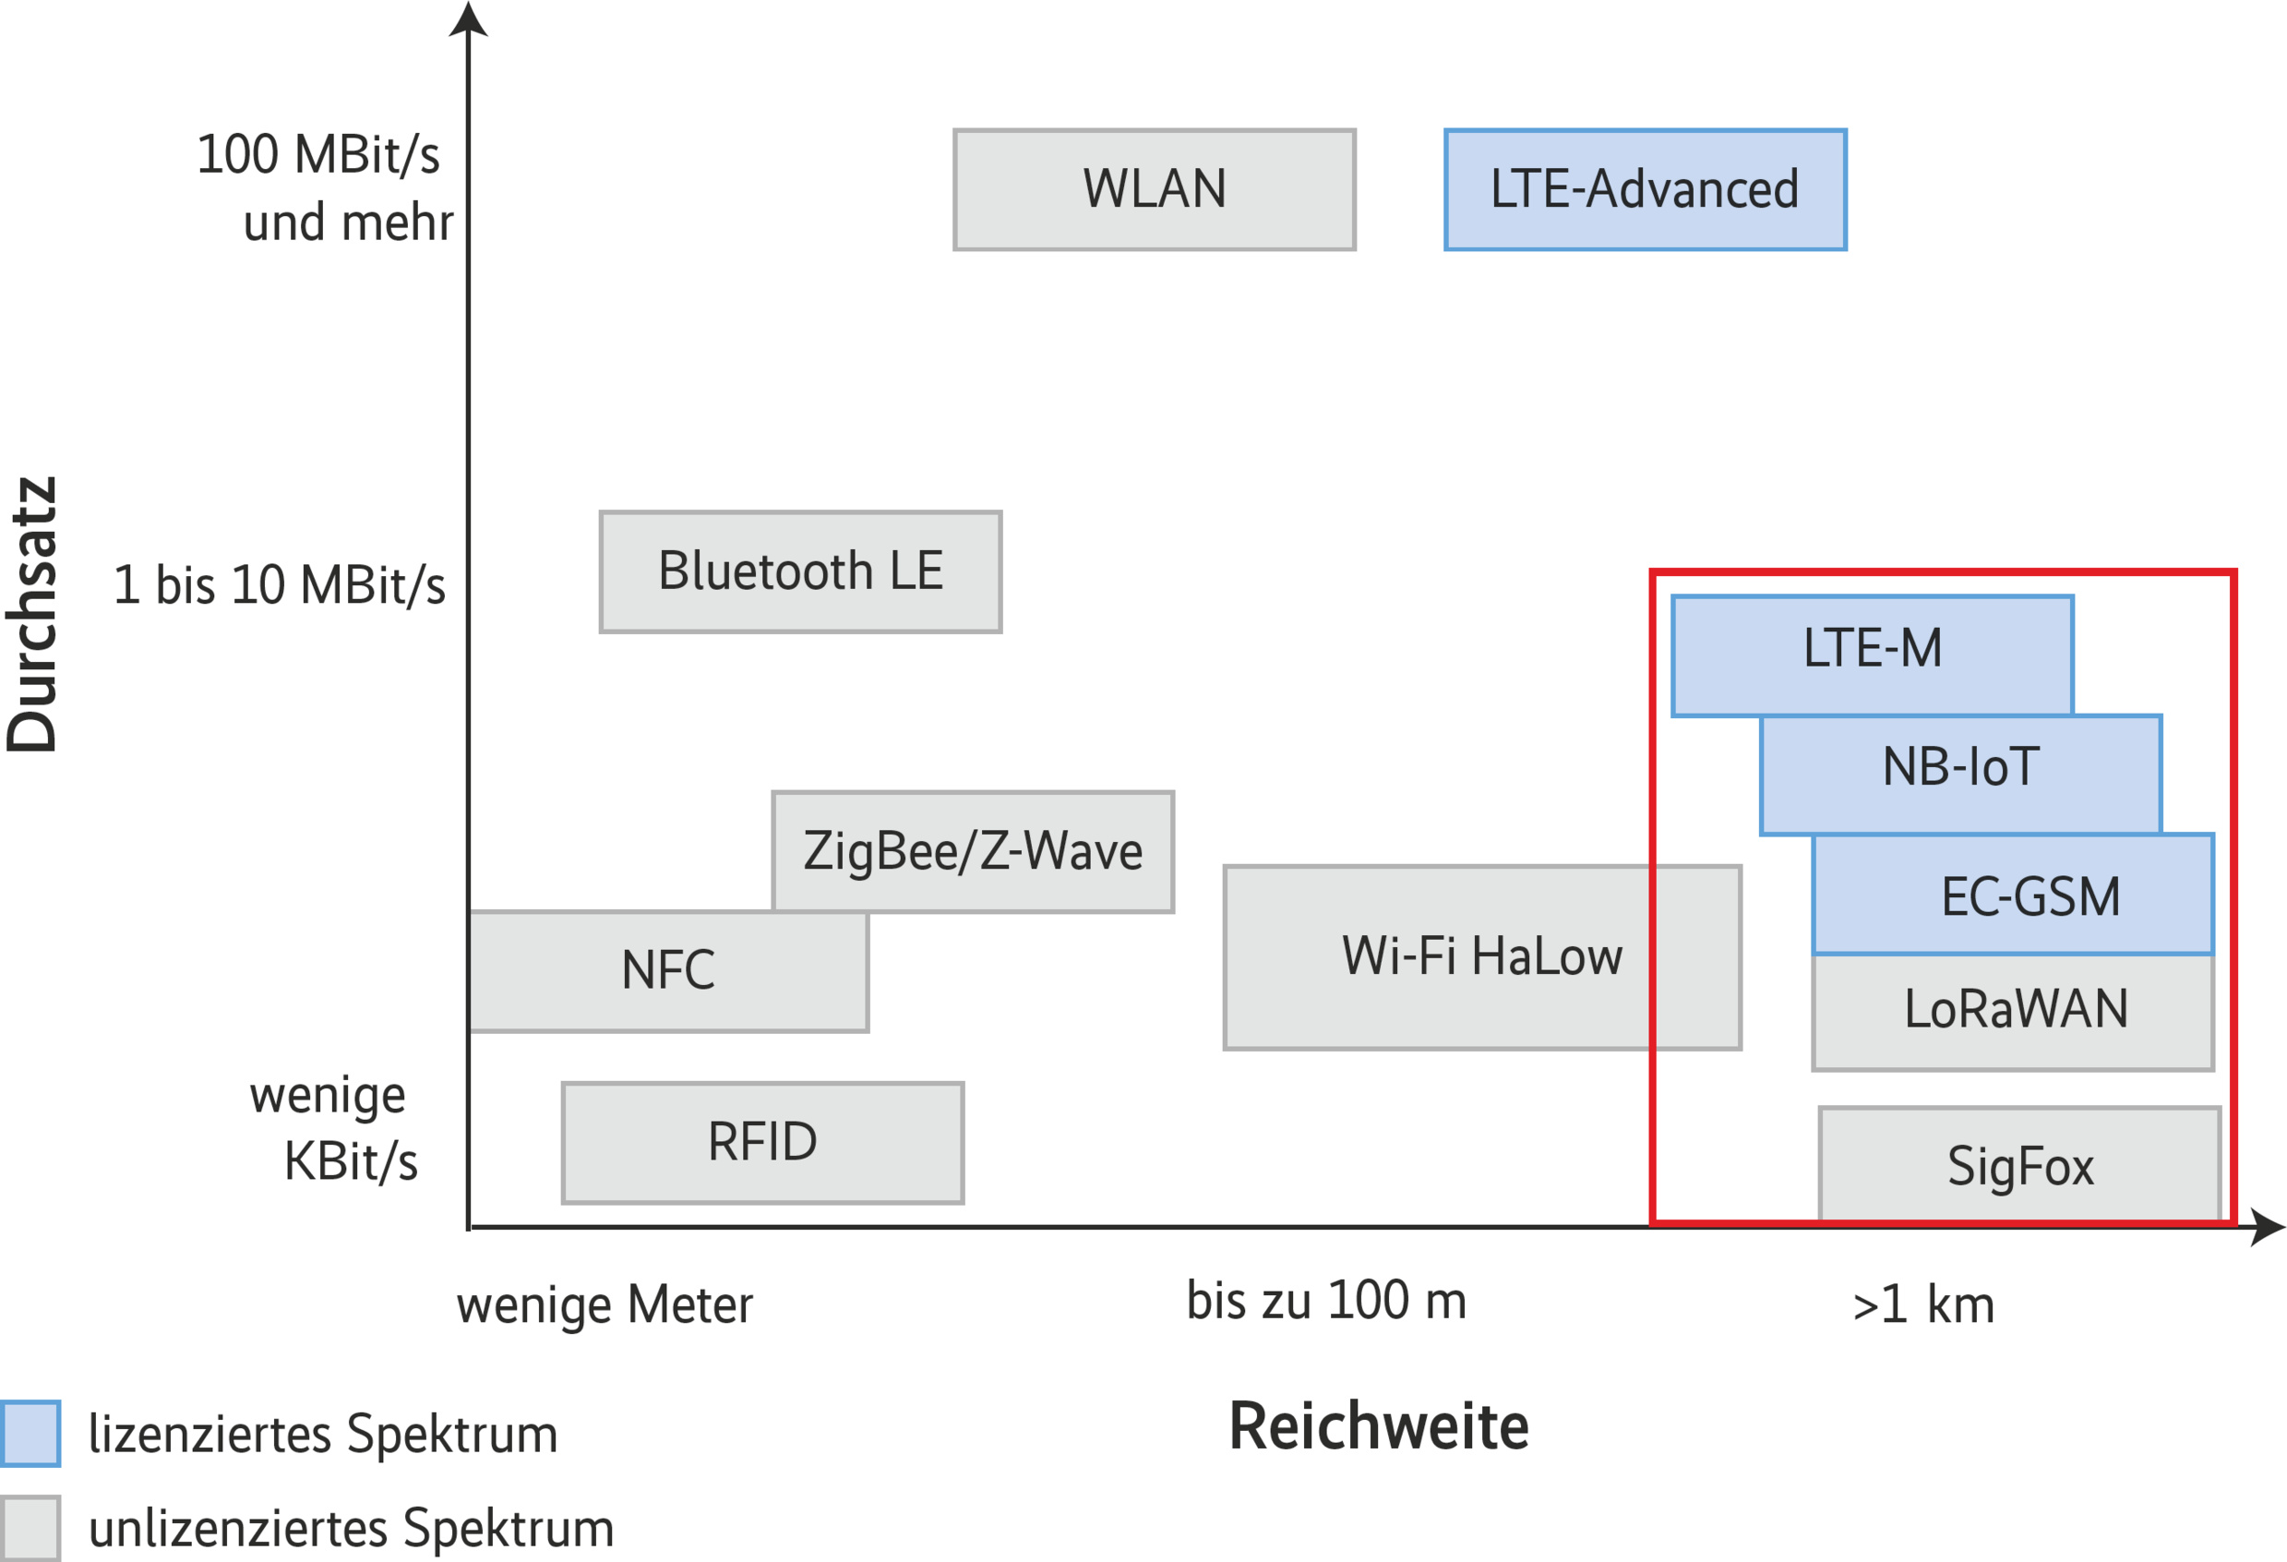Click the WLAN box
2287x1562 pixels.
click(1155, 189)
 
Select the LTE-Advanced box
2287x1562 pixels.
click(1645, 189)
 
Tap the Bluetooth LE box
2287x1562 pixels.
click(800, 571)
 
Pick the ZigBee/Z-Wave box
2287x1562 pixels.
click(972, 851)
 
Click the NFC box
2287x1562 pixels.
click(668, 970)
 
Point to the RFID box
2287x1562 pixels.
click(762, 1143)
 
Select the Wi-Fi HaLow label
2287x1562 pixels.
click(1481, 955)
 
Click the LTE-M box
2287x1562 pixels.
click(1872, 649)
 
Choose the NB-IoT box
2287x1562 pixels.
click(1960, 767)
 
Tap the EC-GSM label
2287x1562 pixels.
click(2030, 896)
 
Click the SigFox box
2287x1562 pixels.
click(2019, 1165)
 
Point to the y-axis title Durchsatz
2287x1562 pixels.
click(32, 615)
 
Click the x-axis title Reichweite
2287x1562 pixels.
click(1379, 1426)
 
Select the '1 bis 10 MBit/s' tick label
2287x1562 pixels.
click(280, 584)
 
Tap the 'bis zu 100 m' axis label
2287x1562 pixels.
click(1325, 1300)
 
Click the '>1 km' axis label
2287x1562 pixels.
click(1922, 1305)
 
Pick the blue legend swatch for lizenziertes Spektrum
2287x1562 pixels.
click(30, 1433)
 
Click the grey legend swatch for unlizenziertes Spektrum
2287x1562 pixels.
click(30, 1528)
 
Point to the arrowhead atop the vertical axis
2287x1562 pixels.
click(469, 19)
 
